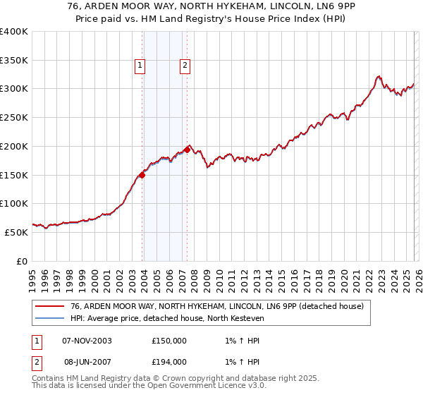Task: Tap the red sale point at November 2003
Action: pyautogui.click(x=142, y=176)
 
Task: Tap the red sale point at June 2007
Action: pyautogui.click(x=187, y=150)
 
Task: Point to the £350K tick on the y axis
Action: pyautogui.click(x=14, y=61)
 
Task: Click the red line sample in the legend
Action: pyautogui.click(x=49, y=306)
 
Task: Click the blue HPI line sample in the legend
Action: pyautogui.click(x=49, y=318)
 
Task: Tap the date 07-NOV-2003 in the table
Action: pyautogui.click(x=87, y=340)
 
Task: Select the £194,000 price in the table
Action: pyautogui.click(x=169, y=361)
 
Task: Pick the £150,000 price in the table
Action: pyautogui.click(x=169, y=340)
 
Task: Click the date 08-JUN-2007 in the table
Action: pyautogui.click(x=87, y=361)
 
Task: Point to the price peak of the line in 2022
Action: pyautogui.click(x=379, y=75)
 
